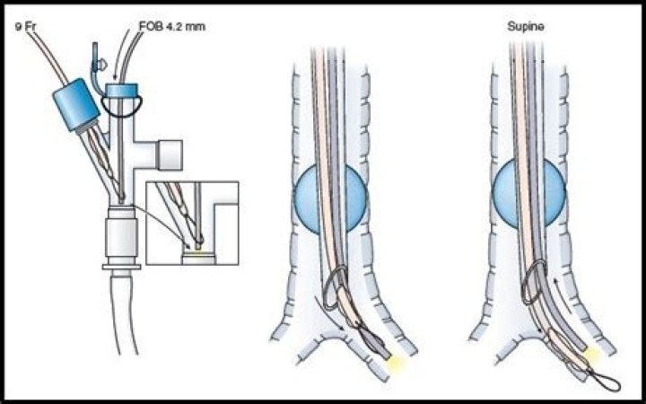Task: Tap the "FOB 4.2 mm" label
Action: [x=171, y=27]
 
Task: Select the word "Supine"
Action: [x=526, y=27]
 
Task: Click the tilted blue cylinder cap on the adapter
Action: [x=76, y=105]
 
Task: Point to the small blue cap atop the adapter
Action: [x=121, y=91]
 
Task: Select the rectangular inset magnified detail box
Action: [x=192, y=223]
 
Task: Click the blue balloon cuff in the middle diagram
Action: [x=329, y=199]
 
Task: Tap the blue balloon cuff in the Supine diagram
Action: [x=529, y=194]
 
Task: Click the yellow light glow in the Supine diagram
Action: [x=594, y=353]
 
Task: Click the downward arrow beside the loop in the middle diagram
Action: [x=329, y=312]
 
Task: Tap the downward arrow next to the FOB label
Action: [x=121, y=57]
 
